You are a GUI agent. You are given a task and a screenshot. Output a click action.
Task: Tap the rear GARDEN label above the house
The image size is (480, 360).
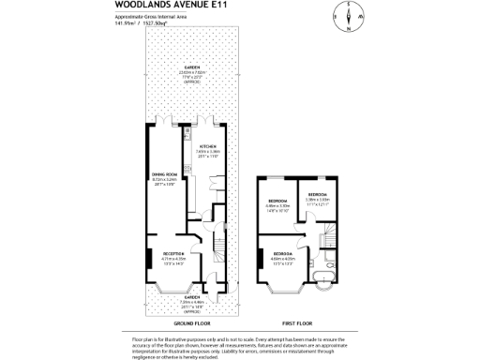(x=190, y=69)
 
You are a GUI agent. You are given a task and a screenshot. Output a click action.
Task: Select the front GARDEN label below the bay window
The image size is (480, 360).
(x=190, y=300)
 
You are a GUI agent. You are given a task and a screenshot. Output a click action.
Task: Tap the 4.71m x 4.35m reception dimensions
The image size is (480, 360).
(x=173, y=262)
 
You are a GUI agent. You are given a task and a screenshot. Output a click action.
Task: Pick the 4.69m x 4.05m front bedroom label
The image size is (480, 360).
(x=284, y=260)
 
